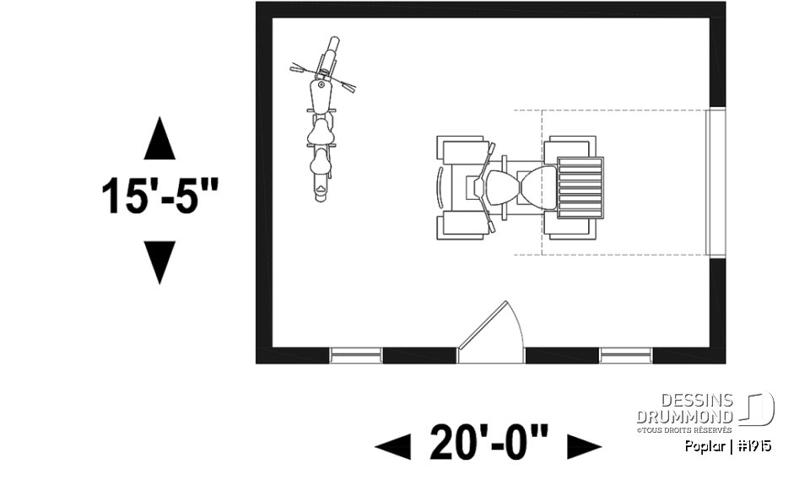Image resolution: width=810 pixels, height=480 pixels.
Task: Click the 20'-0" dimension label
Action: click(489, 442)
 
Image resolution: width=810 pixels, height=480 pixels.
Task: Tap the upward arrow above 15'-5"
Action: click(159, 139)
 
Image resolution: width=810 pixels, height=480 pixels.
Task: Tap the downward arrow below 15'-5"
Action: click(159, 262)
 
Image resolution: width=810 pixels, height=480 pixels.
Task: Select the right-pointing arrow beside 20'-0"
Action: click(584, 445)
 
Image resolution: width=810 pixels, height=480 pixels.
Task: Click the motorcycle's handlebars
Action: click(324, 73)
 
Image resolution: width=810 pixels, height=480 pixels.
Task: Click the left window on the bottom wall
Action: click(356, 355)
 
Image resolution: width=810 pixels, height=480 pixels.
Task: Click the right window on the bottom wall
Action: click(625, 355)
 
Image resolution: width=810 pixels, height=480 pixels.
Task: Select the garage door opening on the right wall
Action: click(716, 181)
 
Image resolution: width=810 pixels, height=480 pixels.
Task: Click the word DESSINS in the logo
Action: click(698, 400)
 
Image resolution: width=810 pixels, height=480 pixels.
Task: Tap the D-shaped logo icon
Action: click(758, 410)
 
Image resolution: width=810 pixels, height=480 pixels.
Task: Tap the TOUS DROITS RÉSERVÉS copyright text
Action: click(685, 429)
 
